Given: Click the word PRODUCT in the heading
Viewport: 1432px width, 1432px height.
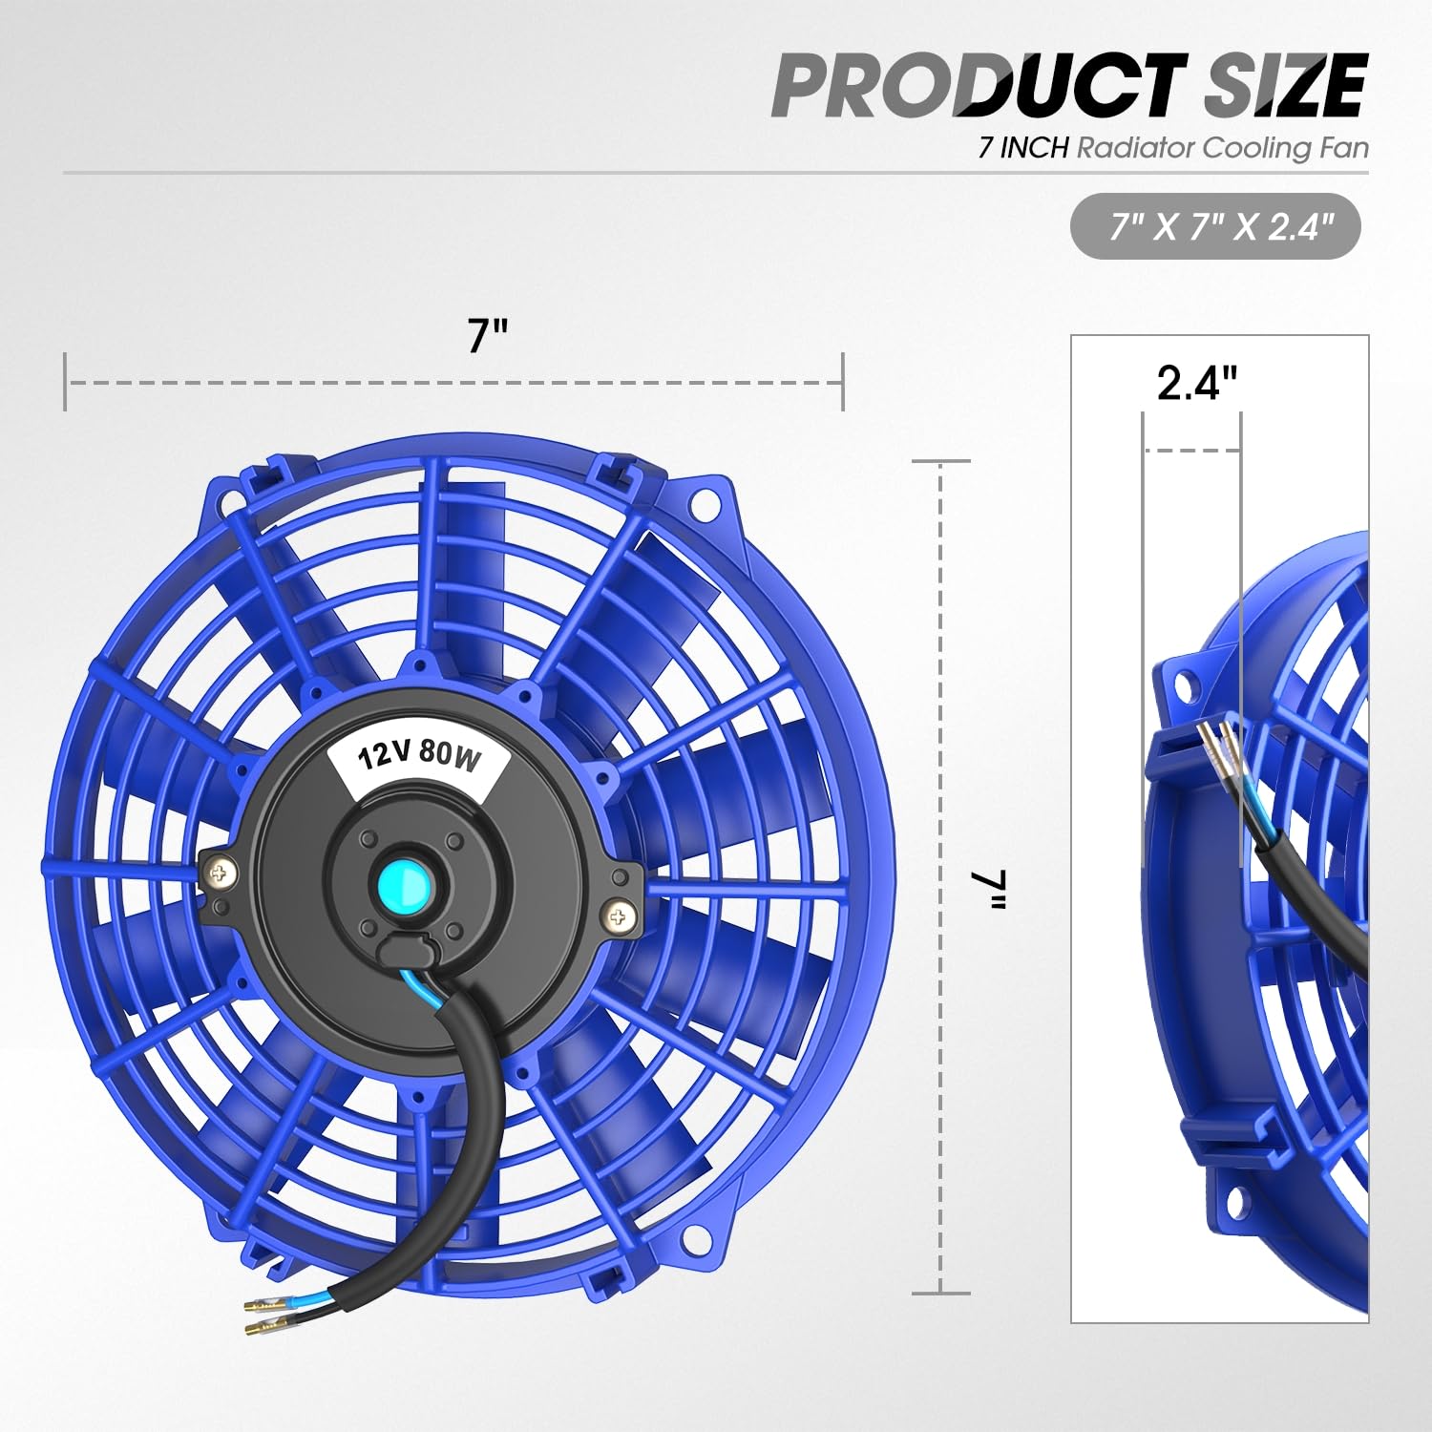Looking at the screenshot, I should click(x=979, y=86).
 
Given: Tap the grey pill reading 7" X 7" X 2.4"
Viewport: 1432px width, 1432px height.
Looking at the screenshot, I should click(x=1214, y=227).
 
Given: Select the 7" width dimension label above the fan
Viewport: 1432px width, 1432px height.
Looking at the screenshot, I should click(x=487, y=335).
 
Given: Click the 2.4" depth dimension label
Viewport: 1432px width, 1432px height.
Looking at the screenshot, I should click(x=1196, y=383).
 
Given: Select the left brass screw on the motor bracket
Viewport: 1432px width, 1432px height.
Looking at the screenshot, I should click(x=223, y=871).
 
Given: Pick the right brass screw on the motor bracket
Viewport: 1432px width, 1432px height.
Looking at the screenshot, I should click(x=619, y=917).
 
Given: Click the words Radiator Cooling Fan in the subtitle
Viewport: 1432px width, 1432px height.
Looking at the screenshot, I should click(x=1222, y=148).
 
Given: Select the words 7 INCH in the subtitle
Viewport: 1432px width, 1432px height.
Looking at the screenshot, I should click(x=1022, y=148).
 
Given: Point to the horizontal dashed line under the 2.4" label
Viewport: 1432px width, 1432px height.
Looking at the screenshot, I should click(x=1191, y=450).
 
